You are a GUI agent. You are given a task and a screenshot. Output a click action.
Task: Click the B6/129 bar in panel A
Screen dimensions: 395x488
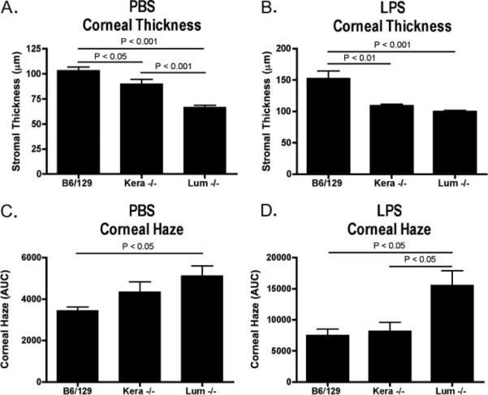pyautogui.click(x=78, y=122)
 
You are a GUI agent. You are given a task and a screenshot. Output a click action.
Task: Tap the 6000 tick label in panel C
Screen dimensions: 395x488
pyautogui.click(x=32, y=258)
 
